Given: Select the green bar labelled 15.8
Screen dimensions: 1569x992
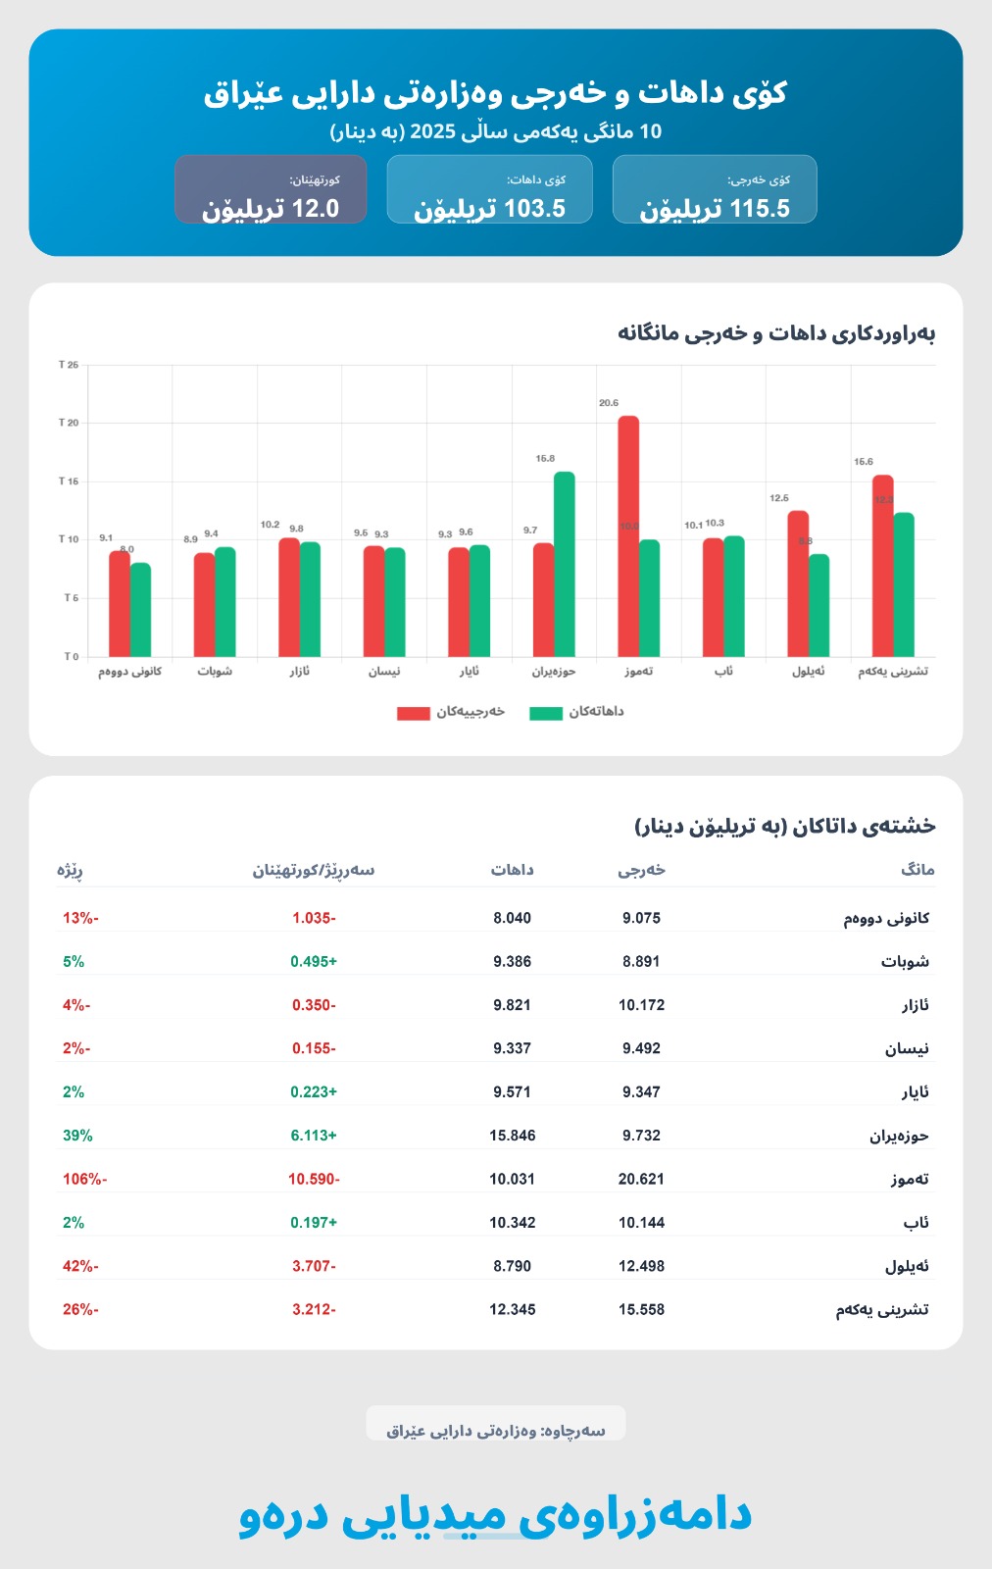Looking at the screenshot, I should (564, 564).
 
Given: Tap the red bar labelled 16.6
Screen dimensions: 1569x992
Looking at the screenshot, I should (882, 566).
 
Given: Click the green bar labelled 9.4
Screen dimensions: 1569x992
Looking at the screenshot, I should (224, 601).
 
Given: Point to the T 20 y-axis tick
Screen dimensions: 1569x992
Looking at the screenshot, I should (69, 423).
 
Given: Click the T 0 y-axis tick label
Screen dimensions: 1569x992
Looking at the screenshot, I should (71, 656).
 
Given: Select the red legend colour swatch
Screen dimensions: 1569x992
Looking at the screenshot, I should (413, 713).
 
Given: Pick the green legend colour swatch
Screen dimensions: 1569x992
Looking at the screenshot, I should (546, 713).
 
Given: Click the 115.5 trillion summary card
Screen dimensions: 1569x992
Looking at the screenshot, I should (715, 189).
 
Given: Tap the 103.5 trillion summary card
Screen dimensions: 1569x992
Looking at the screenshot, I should (489, 189).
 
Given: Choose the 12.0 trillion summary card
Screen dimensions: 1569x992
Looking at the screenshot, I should (271, 189).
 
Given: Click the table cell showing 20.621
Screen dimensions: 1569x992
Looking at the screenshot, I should (641, 1179).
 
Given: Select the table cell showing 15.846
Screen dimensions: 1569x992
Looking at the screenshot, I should (512, 1136).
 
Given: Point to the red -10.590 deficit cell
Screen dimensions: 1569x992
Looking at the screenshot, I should (314, 1179).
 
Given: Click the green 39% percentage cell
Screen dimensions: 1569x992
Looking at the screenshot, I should (77, 1136).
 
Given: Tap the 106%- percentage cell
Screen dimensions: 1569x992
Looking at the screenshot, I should (84, 1179).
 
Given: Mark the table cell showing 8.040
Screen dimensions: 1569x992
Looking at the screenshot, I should (512, 918).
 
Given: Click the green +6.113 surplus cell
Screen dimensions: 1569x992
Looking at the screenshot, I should (314, 1136).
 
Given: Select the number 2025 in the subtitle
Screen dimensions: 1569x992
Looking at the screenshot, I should (427, 131).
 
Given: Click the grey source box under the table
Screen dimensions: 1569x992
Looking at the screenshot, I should (495, 1424).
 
